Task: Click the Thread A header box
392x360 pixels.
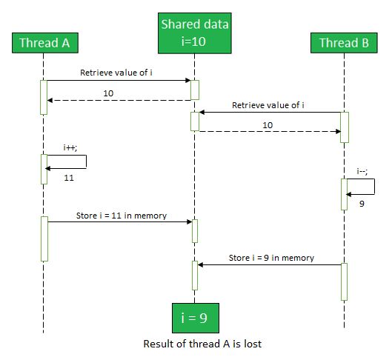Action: tap(45, 43)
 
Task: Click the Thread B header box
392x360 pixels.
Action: tap(344, 43)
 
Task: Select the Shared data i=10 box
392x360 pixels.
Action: tap(195, 33)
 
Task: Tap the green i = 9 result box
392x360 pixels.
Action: tap(196, 318)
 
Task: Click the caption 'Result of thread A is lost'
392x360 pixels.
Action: tap(202, 344)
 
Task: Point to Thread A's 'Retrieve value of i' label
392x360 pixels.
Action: tap(116, 73)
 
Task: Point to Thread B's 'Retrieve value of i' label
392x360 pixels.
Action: tap(268, 105)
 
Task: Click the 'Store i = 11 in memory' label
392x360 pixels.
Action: tap(122, 216)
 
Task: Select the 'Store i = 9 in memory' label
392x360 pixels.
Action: tap(271, 258)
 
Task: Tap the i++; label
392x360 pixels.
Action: tap(70, 148)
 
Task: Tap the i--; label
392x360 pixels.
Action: tap(362, 172)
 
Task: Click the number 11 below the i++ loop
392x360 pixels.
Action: tap(69, 178)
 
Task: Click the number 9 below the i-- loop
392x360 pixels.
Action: tap(362, 204)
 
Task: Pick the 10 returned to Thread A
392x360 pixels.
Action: tap(108, 93)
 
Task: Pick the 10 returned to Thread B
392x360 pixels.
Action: tap(268, 125)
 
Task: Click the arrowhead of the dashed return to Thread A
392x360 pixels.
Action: tap(50, 101)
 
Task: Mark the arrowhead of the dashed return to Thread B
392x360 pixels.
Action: tap(338, 131)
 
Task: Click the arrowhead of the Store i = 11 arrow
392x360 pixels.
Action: tap(190, 221)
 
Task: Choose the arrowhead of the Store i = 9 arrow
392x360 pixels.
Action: tap(200, 265)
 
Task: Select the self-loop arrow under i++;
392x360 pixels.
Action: tap(86, 162)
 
